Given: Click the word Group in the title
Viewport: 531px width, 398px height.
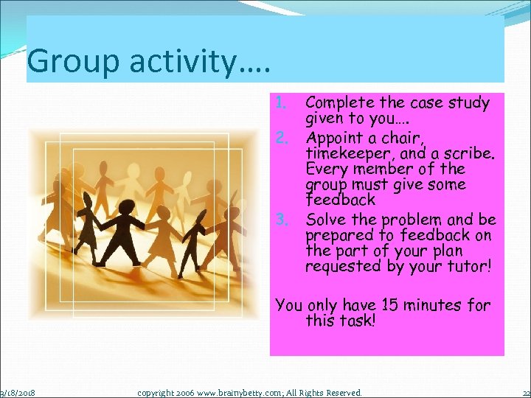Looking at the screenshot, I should click(69, 61).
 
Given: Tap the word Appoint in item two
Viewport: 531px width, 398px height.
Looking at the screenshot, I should click(335, 138).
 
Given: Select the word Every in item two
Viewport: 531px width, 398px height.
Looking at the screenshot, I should click(328, 169).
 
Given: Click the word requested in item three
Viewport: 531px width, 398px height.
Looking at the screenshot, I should click(341, 266).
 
